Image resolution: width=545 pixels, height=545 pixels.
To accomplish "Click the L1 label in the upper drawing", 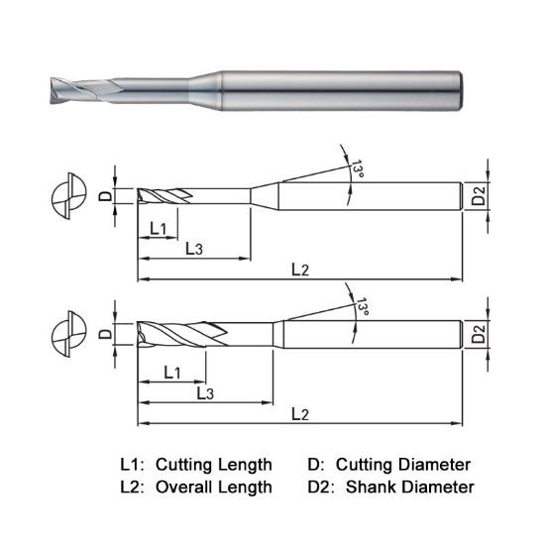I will pyautogui.click(x=159, y=229).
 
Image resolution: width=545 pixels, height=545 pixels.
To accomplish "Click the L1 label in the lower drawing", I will pyautogui.click(x=171, y=373).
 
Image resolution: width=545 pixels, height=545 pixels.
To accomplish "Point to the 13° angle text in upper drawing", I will pyautogui.click(x=359, y=170).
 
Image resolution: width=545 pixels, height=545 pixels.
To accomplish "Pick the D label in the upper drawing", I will pyautogui.click(x=105, y=194).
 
